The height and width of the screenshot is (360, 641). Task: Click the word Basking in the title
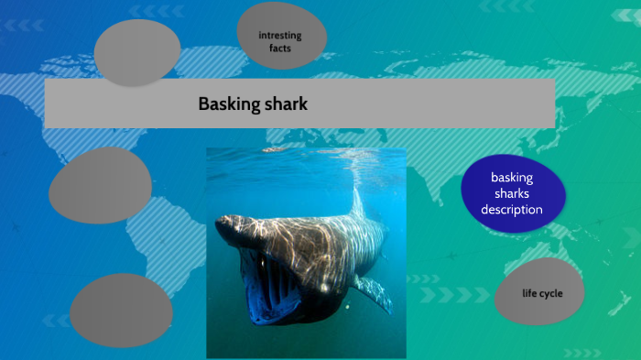[229, 104]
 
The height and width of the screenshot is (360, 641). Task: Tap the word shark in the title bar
[286, 104]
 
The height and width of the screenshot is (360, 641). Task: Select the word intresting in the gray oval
[280, 36]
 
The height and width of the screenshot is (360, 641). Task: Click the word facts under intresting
[280, 49]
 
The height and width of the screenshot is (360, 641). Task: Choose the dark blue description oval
[513, 193]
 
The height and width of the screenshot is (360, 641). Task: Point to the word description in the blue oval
[512, 210]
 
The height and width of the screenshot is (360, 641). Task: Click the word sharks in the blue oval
[512, 193]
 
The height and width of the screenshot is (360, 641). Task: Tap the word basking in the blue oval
[512, 178]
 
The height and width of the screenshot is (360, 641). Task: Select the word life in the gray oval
[528, 293]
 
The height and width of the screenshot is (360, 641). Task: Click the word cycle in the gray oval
[550, 294]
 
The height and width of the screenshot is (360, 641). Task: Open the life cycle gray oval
[539, 291]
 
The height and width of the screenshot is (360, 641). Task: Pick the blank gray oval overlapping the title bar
[137, 53]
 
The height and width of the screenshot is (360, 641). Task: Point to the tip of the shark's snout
[218, 223]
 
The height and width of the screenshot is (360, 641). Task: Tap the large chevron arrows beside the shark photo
[454, 295]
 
